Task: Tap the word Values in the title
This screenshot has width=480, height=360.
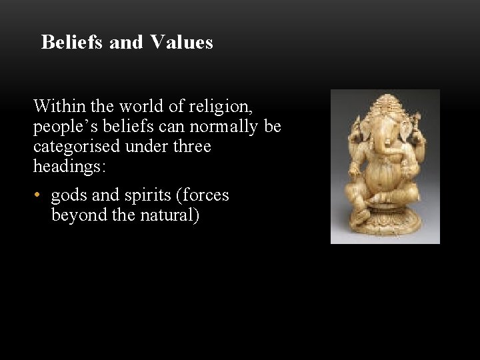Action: tap(181, 43)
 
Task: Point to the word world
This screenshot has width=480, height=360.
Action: tap(131, 106)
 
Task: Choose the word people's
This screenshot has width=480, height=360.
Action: tap(62, 127)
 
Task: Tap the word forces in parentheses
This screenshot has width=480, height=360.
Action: tap(205, 195)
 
